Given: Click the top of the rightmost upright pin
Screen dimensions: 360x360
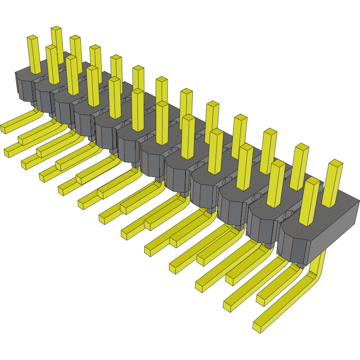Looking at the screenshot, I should (x=336, y=163).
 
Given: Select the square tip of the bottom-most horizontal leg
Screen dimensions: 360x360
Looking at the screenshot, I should (x=258, y=327).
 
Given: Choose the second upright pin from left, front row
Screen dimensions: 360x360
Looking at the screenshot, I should (x=52, y=64).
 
